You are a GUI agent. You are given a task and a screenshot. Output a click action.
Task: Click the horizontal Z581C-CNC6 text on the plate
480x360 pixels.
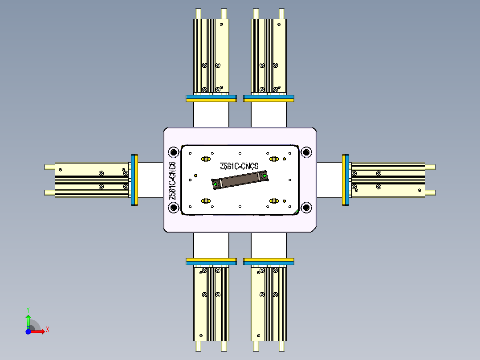(239, 166)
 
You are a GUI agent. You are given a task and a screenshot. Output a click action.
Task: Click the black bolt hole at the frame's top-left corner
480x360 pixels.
(174, 152)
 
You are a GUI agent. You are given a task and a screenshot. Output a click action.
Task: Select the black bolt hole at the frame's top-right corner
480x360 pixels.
(306, 152)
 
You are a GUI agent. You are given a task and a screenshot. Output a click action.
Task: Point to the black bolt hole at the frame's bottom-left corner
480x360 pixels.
(174, 207)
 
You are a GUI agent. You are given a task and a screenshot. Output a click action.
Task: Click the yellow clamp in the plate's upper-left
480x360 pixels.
(206, 159)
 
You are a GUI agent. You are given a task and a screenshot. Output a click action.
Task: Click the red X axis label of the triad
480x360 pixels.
(48, 329)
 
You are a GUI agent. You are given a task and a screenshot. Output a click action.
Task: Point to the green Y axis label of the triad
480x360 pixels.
(28, 309)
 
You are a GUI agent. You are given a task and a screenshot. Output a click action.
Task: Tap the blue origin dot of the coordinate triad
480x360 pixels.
(28, 331)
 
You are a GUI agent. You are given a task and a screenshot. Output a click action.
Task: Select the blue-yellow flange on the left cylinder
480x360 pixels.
(134, 180)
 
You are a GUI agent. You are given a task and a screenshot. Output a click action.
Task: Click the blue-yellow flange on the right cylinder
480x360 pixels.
(346, 180)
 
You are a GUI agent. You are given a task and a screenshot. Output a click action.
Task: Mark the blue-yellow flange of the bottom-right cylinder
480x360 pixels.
(269, 261)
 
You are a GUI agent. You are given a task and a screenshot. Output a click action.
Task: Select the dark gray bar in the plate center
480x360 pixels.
(240, 180)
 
